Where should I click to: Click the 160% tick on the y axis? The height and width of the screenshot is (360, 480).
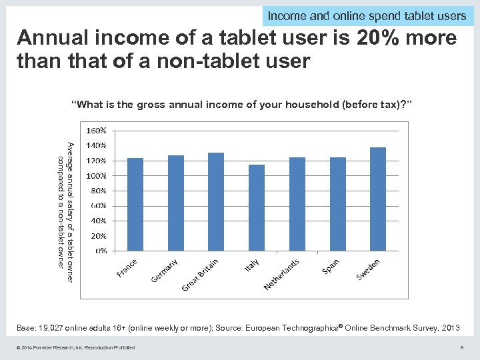point(96,131)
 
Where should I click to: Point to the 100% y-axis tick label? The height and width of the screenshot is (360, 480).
point(96,176)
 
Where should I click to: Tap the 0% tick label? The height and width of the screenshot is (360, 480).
point(99,251)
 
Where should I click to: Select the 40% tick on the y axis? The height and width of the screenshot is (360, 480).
point(98,221)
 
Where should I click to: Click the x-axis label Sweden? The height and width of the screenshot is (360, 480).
point(368,269)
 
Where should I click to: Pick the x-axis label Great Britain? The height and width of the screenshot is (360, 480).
point(200,275)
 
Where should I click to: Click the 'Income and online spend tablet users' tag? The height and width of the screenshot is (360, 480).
point(367,15)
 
